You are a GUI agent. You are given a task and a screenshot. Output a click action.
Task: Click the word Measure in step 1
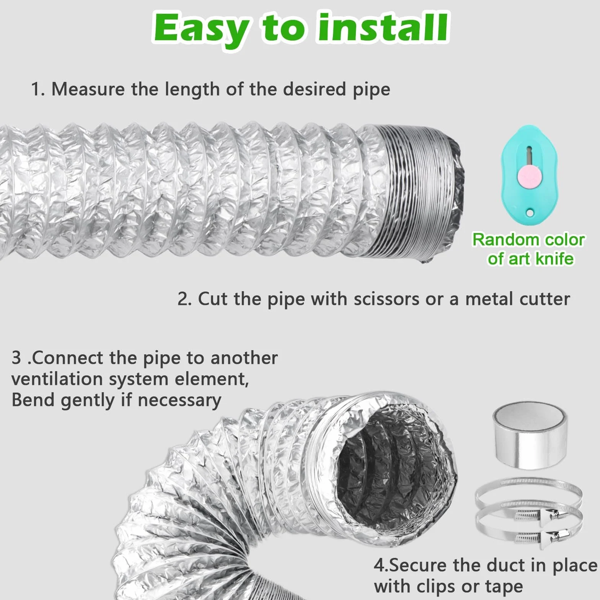click(x=88, y=89)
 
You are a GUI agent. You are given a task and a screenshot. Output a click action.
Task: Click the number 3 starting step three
click(x=16, y=358)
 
